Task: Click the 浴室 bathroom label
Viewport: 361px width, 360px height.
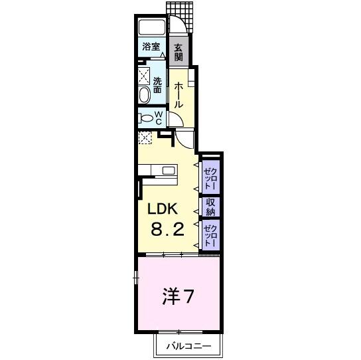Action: point(151,46)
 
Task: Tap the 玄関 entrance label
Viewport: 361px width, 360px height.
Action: point(179,51)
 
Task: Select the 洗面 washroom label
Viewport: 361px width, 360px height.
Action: point(157,86)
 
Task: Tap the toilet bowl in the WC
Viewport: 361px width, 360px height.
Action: point(145,119)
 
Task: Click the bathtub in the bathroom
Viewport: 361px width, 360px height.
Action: point(152,29)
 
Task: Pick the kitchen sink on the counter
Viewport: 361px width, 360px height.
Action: point(167,171)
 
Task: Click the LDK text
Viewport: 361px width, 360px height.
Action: point(163,209)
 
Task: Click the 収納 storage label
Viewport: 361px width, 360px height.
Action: point(210,207)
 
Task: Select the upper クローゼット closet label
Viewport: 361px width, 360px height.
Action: point(210,177)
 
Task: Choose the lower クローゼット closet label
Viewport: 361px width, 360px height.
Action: point(210,235)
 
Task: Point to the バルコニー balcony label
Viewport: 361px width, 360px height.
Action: point(188,346)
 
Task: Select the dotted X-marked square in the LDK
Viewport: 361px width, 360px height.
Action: point(145,137)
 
